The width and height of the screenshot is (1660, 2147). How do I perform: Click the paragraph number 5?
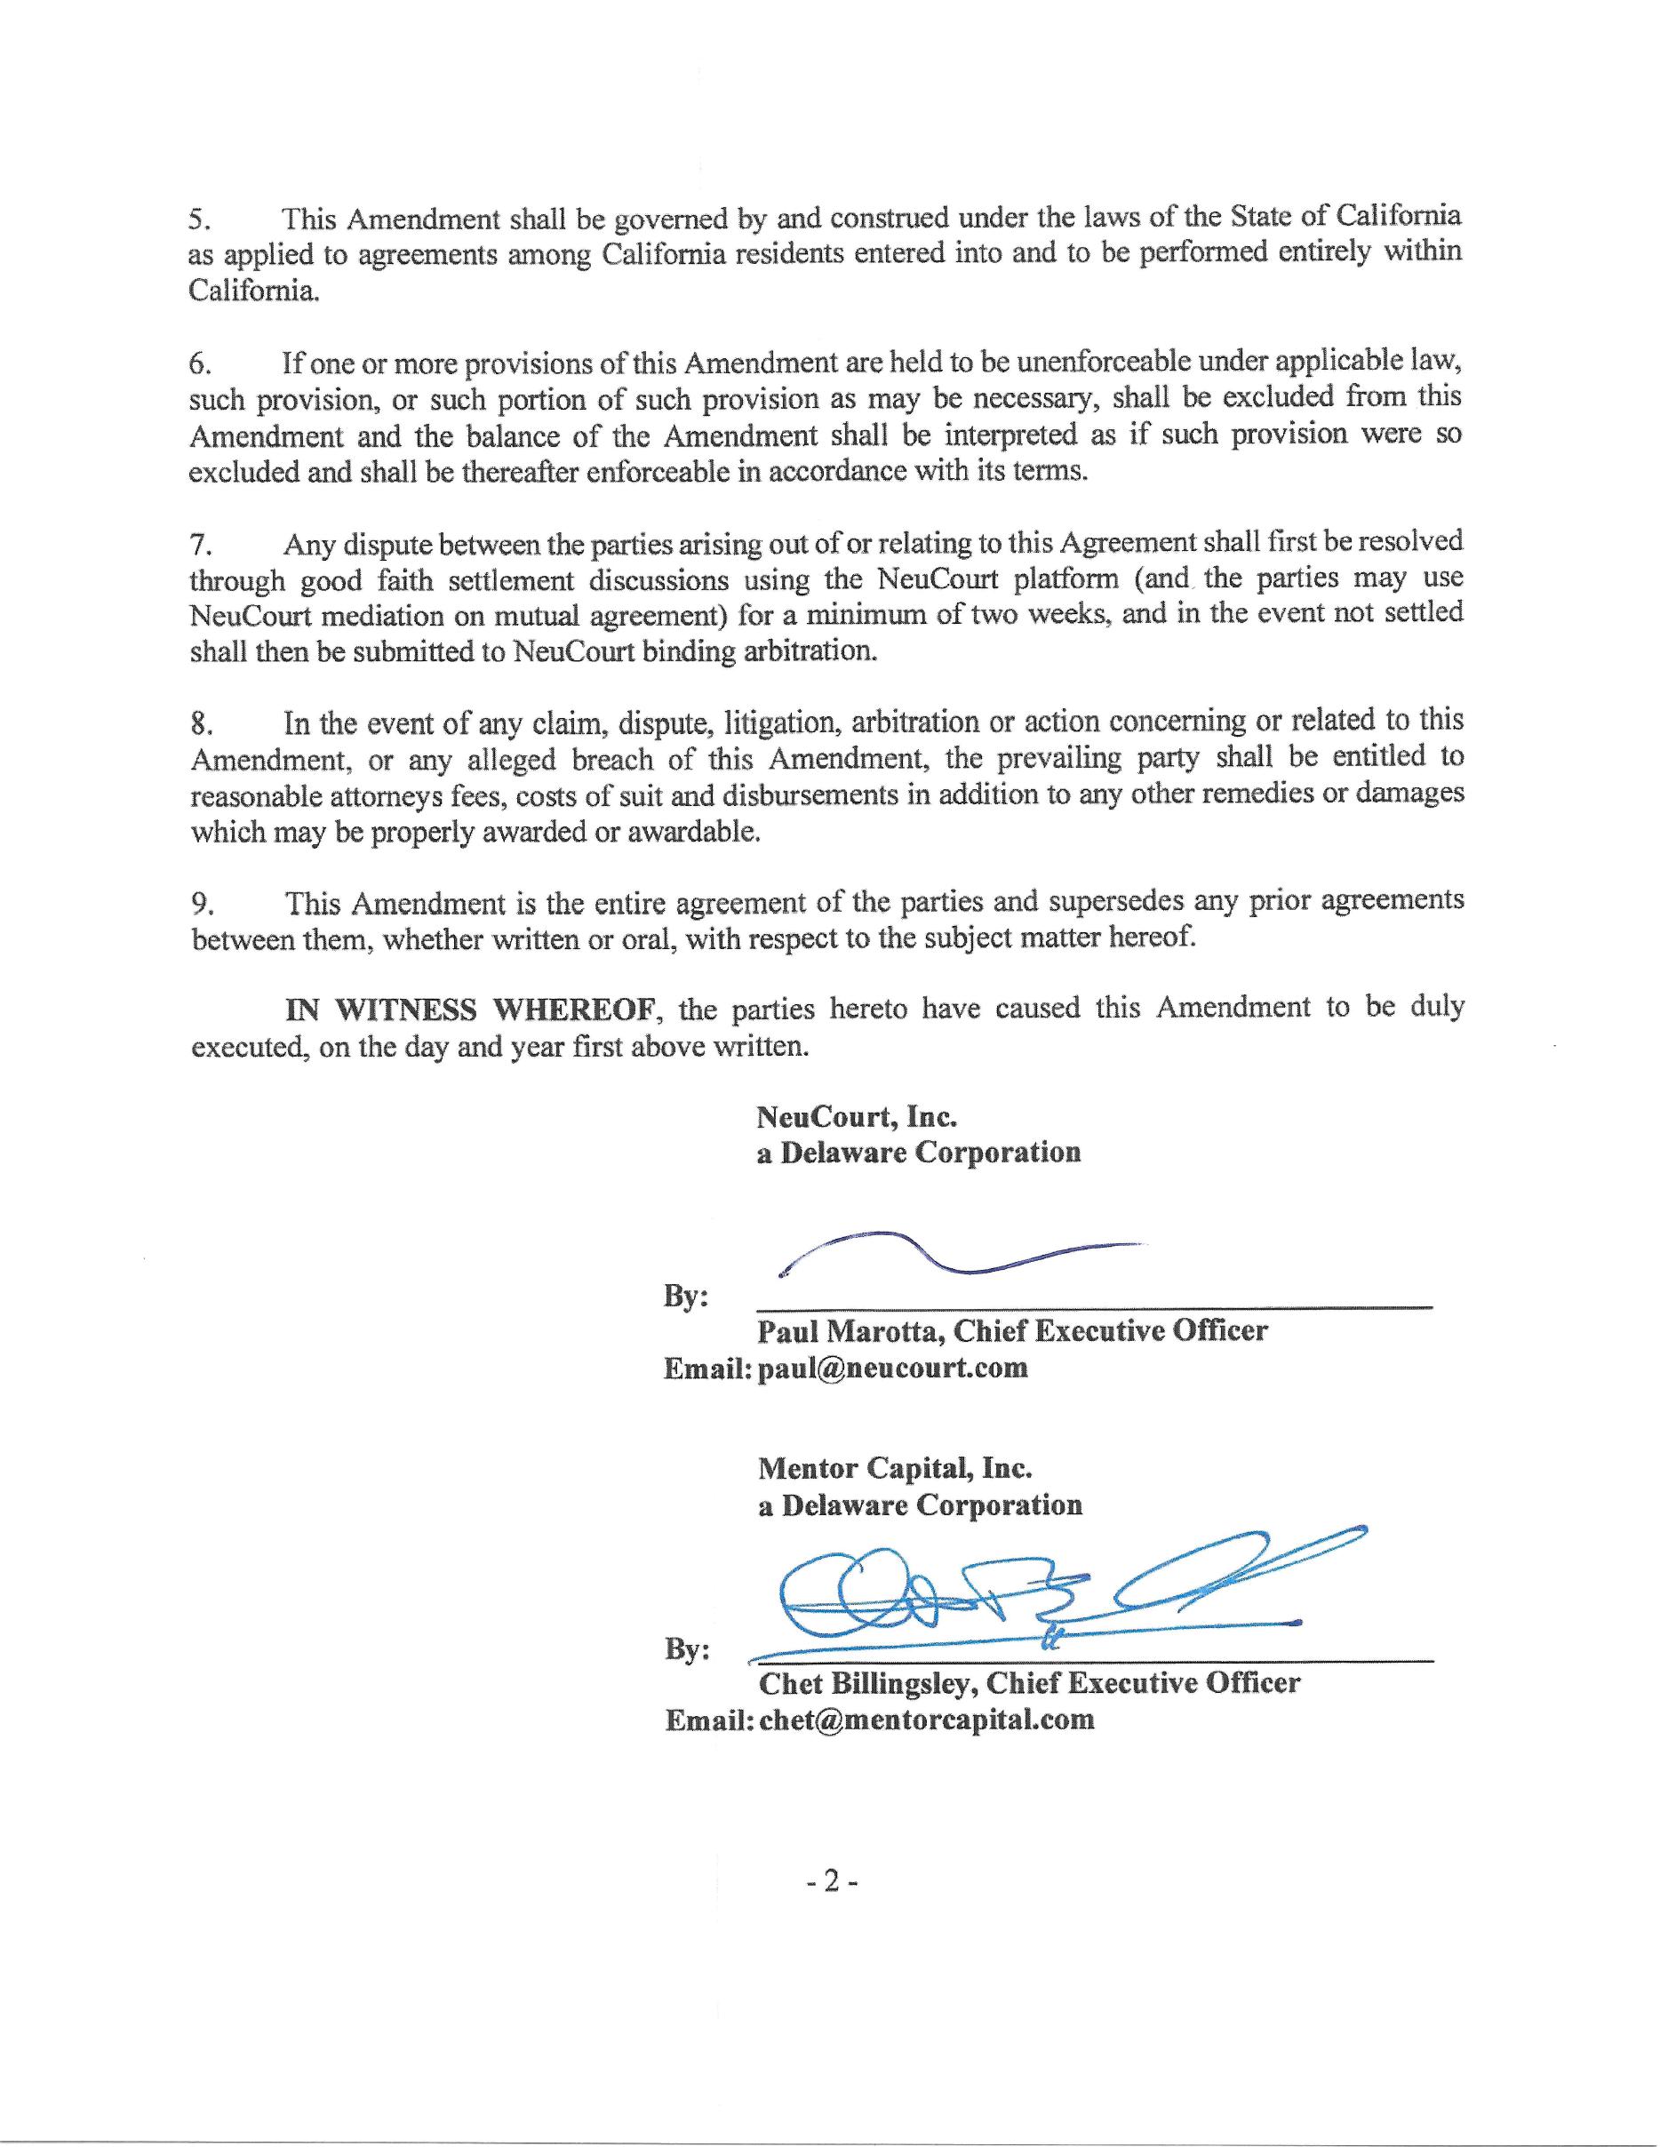click(x=198, y=219)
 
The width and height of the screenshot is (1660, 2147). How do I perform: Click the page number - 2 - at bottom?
click(x=832, y=1880)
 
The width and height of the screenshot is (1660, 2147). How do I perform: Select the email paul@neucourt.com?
click(x=893, y=1368)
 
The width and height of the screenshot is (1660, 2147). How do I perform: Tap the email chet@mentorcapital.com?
click(x=927, y=1720)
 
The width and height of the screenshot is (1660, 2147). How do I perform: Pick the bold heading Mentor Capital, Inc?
click(x=894, y=1469)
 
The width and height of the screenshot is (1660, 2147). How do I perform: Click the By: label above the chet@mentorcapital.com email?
click(x=687, y=1648)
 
